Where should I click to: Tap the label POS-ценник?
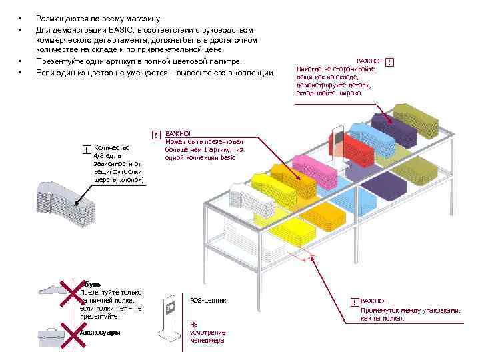pyautogui.click(x=208, y=301)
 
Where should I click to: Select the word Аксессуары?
pyautogui.click(x=100, y=331)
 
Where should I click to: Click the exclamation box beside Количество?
pyautogui.click(x=86, y=149)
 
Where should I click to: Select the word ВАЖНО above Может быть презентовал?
pyautogui.click(x=177, y=134)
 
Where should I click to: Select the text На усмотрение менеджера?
pyautogui.click(x=207, y=332)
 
